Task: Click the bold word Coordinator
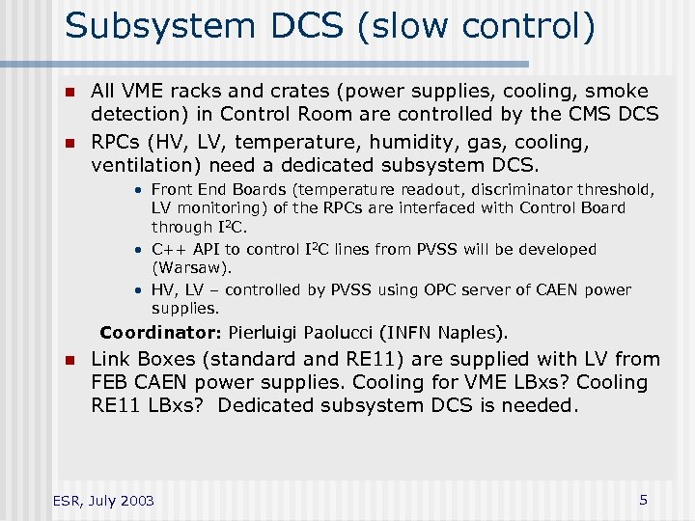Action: click(x=161, y=334)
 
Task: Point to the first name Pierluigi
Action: click(x=264, y=334)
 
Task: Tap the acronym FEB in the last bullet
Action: click(x=110, y=383)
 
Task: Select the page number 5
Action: click(x=643, y=500)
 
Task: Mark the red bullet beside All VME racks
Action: click(x=69, y=93)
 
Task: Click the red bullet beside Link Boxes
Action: click(x=69, y=361)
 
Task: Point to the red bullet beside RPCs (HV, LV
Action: click(x=69, y=143)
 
